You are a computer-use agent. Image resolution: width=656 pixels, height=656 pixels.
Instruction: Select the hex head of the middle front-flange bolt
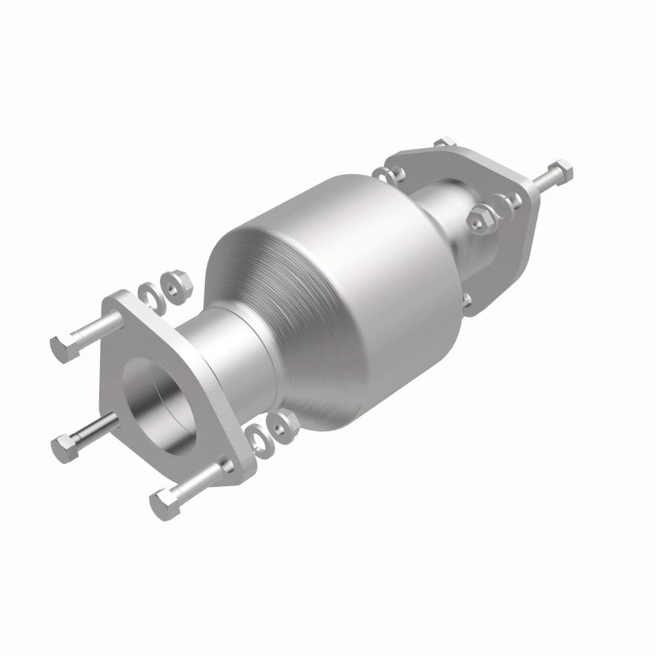click(63, 446)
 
